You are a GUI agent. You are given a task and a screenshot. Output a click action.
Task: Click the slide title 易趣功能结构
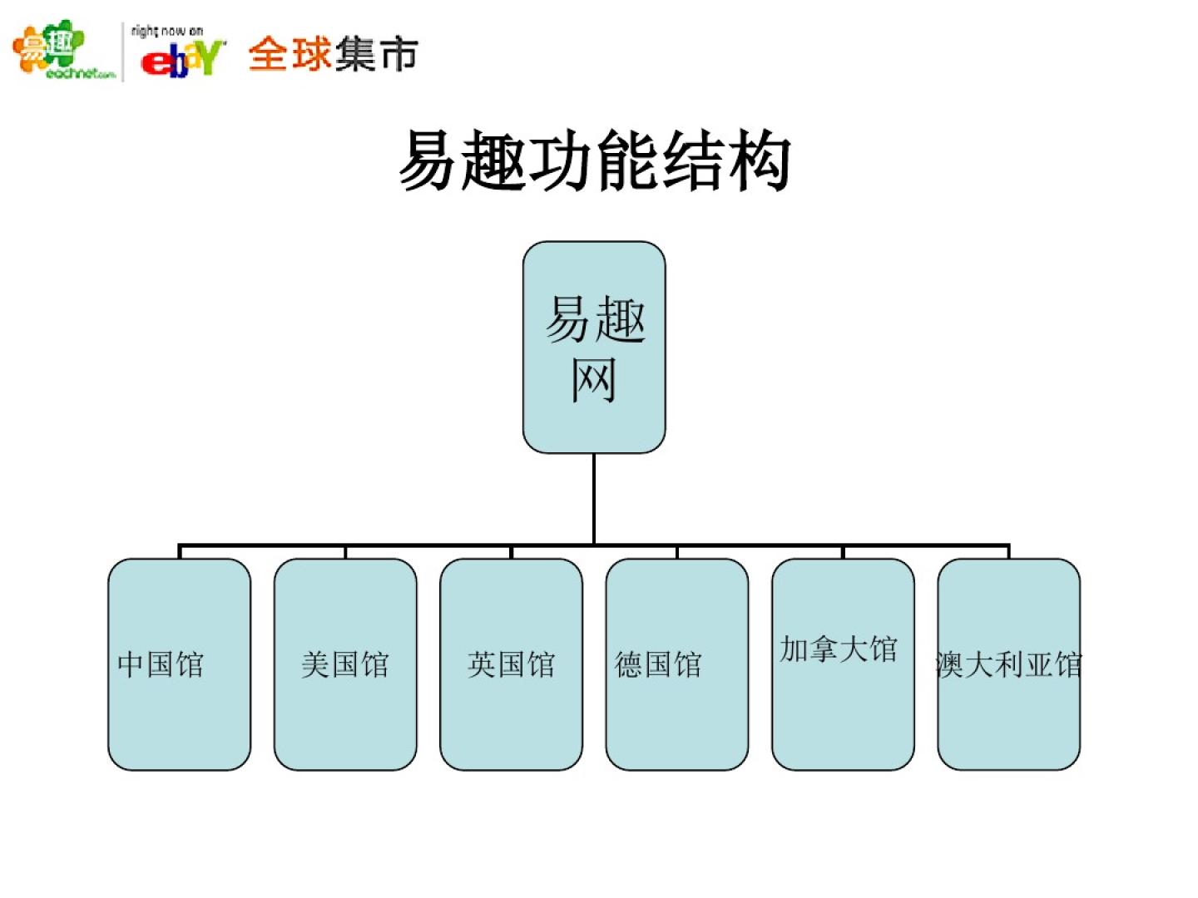[x=594, y=160]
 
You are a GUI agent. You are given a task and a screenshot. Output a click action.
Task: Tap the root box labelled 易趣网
[x=594, y=347]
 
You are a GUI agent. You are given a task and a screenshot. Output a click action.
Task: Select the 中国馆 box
[x=179, y=664]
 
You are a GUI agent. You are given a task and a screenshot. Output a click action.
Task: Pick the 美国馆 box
[x=345, y=664]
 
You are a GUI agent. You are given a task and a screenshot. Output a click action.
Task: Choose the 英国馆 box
[x=511, y=664]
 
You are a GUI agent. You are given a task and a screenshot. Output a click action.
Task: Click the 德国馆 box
[x=676, y=664]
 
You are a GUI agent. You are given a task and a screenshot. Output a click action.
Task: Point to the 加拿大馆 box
[x=843, y=664]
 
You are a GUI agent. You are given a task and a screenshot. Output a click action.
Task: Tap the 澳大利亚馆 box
[x=1008, y=664]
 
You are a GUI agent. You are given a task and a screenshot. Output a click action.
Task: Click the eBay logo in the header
[x=182, y=59]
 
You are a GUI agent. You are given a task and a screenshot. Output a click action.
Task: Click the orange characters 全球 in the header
[x=290, y=55]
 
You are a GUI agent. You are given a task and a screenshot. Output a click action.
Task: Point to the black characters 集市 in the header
[x=377, y=55]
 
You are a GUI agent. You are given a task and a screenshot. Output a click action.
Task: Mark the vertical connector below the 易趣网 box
[x=594, y=499]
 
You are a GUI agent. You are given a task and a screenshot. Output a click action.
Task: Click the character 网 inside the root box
[x=593, y=380]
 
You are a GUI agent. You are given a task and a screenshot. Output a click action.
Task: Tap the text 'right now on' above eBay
[x=167, y=31]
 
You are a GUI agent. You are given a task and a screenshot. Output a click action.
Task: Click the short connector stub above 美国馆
[x=345, y=552]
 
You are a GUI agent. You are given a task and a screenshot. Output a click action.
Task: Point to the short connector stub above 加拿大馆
[x=843, y=552]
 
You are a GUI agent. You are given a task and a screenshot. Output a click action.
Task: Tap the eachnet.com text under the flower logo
[x=80, y=74]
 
